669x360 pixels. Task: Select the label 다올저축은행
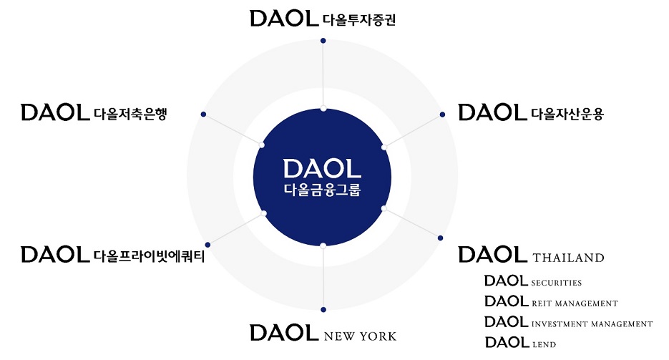pyautogui.click(x=130, y=113)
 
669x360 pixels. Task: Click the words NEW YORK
pyautogui.click(x=360, y=336)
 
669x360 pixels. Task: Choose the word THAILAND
pyautogui.click(x=569, y=258)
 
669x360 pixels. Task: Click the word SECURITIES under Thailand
pyautogui.click(x=557, y=283)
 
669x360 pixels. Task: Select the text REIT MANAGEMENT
pyautogui.click(x=575, y=303)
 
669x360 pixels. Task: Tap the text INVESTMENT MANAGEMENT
pyautogui.click(x=592, y=324)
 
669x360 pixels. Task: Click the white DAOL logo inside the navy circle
pyautogui.click(x=322, y=168)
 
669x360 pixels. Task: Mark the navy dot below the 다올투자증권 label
pyautogui.click(x=323, y=41)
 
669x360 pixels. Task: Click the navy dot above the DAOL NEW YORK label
pyautogui.click(x=323, y=309)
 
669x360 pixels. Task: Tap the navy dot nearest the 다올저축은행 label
pyautogui.click(x=204, y=114)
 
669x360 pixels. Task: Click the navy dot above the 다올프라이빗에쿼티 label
pyautogui.click(x=207, y=245)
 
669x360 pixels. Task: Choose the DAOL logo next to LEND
pyautogui.click(x=507, y=342)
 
